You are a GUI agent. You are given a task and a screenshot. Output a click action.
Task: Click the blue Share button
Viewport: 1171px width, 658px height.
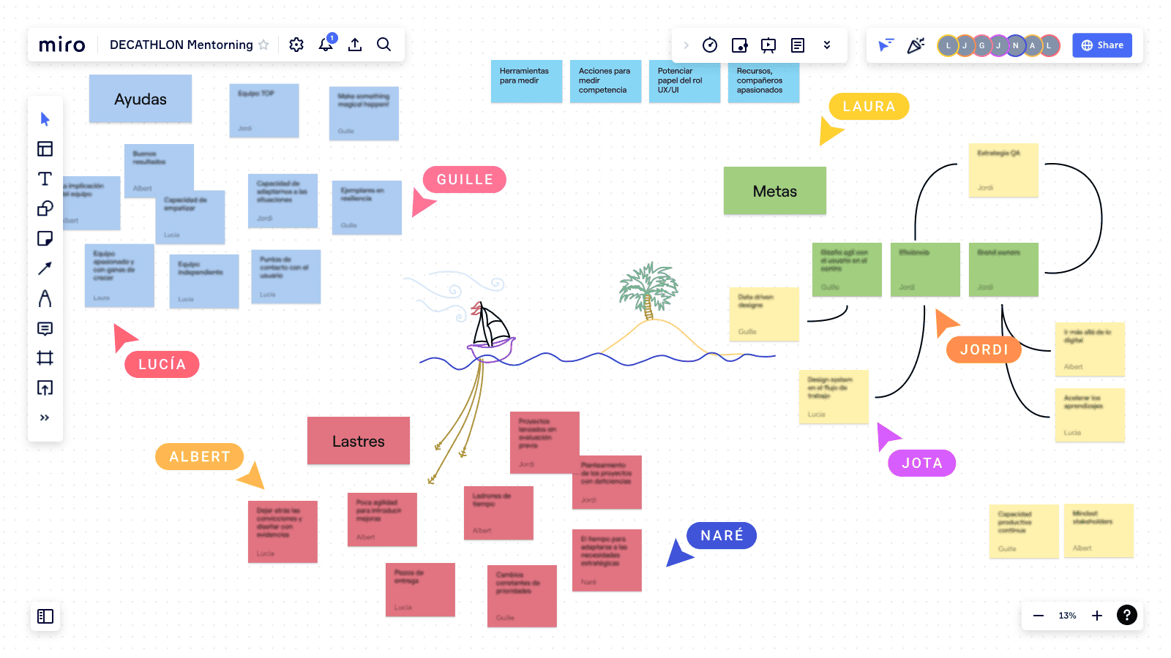click(1102, 45)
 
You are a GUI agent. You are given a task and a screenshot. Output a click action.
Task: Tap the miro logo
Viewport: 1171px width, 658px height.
click(62, 45)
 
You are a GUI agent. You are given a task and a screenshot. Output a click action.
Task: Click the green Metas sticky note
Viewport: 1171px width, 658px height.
click(774, 191)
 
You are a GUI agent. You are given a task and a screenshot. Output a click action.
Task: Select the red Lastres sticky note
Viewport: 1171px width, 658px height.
click(358, 441)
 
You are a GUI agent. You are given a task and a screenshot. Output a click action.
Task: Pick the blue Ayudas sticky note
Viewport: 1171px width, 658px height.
click(141, 99)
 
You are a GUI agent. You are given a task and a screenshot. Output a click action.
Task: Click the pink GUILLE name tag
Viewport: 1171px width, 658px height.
click(465, 180)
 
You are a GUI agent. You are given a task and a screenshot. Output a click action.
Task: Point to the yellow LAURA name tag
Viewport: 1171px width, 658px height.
click(869, 107)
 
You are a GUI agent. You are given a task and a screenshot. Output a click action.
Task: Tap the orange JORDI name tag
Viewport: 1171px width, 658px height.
click(984, 350)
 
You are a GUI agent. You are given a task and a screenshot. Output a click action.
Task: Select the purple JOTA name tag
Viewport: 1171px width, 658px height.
click(921, 463)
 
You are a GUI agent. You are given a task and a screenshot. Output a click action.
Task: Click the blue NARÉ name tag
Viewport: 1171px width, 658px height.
click(722, 536)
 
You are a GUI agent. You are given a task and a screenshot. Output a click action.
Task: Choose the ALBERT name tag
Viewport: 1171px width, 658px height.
click(199, 457)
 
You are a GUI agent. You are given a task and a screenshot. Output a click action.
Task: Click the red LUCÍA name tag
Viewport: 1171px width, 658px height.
click(162, 365)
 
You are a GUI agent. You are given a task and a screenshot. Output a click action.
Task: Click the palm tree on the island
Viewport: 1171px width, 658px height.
click(647, 289)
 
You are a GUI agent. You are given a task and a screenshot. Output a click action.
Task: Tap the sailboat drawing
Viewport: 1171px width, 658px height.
click(490, 333)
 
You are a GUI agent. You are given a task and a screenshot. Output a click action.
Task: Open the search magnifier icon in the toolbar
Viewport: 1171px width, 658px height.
click(384, 45)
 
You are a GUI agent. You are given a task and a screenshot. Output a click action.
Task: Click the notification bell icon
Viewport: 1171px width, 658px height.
click(326, 45)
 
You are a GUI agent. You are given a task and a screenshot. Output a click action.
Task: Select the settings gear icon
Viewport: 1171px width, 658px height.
click(296, 45)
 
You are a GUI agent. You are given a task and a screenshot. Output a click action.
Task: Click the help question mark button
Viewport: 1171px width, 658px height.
click(1126, 616)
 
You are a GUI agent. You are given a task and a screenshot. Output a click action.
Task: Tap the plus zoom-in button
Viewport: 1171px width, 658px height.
click(1097, 616)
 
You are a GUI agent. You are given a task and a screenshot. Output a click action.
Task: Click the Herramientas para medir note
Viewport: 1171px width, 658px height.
click(526, 80)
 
